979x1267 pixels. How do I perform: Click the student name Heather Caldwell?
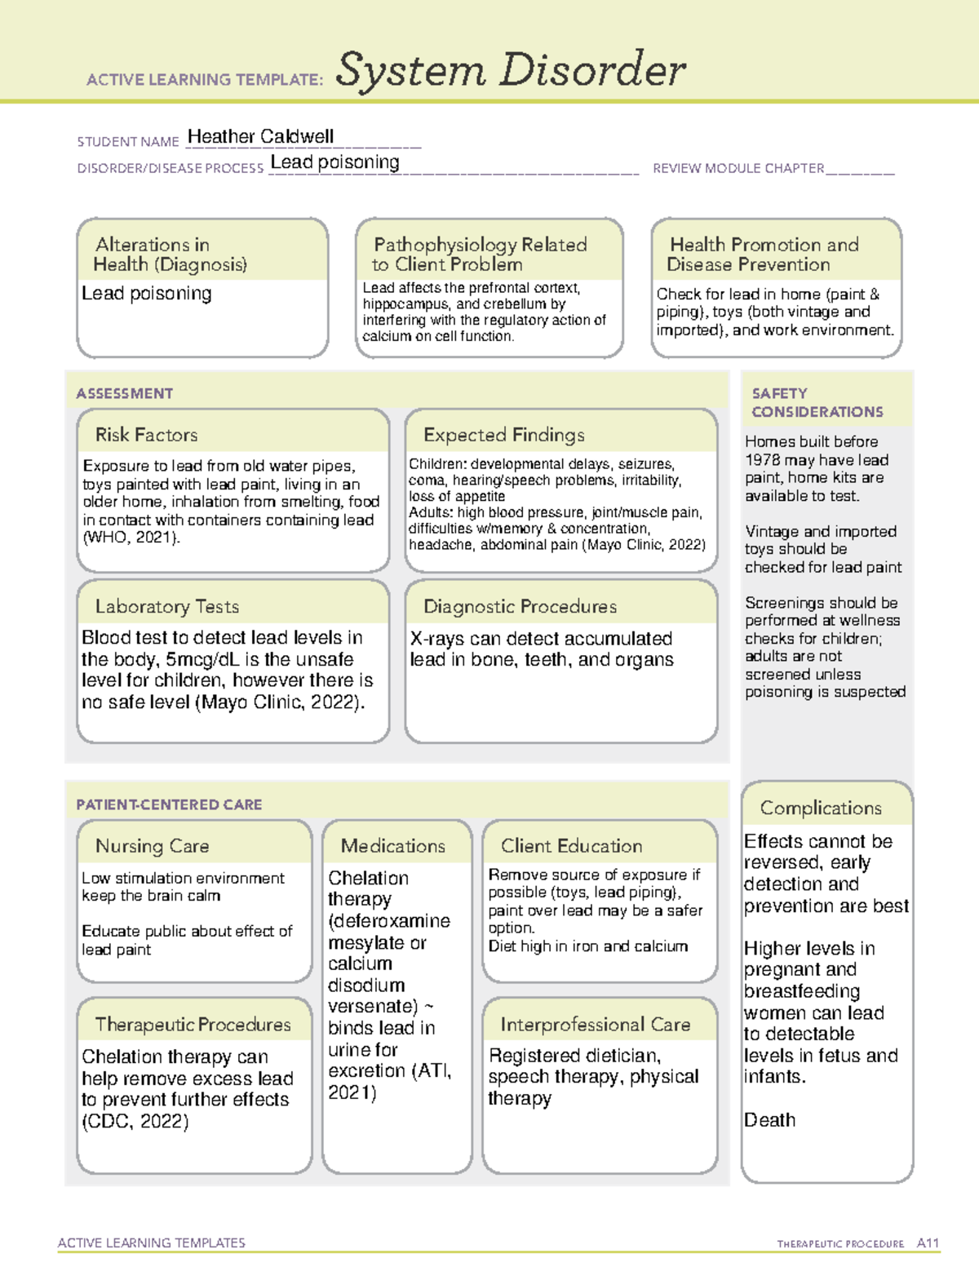coord(260,136)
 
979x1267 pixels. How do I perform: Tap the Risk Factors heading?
coord(146,435)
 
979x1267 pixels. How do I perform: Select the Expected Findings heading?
coord(503,435)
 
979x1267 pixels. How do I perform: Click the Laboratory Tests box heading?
coord(166,606)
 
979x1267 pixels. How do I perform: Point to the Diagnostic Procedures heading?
coord(520,606)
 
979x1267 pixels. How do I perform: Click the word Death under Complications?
coord(769,1120)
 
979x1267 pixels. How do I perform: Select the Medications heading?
coord(392,846)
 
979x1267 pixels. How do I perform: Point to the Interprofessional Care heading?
coord(595,1024)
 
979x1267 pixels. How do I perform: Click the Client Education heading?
coord(571,846)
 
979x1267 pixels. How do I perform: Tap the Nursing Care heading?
coord(152,846)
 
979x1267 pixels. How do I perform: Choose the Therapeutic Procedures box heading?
coord(193,1024)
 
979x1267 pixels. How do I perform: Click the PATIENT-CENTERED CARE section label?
coord(169,804)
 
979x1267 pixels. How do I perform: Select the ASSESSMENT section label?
coord(124,393)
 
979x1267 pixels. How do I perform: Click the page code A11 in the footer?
coord(928,1243)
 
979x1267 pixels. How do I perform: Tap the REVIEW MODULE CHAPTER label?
coord(738,168)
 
